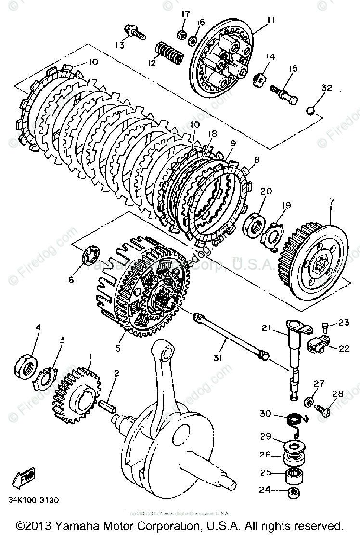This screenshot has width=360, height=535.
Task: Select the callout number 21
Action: [266, 329]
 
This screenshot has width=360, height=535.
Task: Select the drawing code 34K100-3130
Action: [33, 500]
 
